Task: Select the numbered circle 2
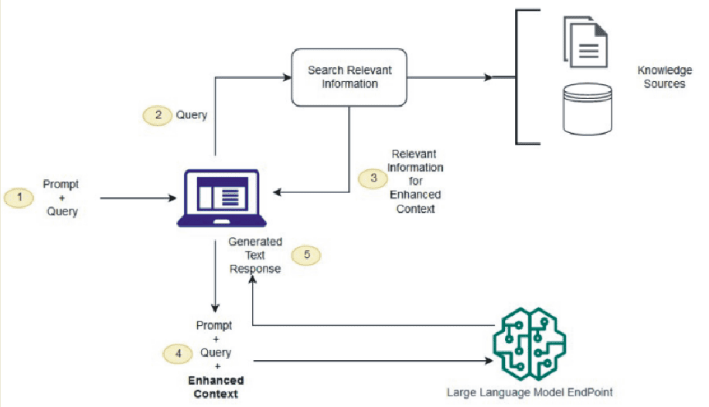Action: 157,115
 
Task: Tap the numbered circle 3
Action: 373,177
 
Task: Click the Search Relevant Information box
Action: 349,76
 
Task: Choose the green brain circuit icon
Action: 530,343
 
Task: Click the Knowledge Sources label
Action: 664,76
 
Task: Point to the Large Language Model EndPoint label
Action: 529,392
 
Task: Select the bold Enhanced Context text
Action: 216,387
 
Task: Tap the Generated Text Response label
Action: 254,256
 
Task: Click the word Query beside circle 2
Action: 192,115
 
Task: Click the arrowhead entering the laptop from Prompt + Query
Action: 172,198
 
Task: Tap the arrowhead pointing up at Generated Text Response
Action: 251,281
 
